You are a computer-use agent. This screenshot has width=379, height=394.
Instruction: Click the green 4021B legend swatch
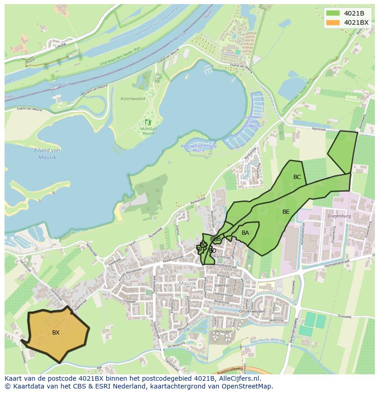tap(332, 13)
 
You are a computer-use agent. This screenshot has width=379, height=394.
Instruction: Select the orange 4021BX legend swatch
tap(332, 22)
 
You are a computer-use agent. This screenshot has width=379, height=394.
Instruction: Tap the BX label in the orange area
tap(56, 333)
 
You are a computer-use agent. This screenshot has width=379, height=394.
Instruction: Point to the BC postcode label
tap(297, 177)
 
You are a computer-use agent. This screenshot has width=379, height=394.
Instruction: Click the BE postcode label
tap(286, 212)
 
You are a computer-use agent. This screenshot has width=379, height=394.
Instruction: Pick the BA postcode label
tap(245, 233)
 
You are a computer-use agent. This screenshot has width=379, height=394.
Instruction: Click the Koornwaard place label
tap(133, 99)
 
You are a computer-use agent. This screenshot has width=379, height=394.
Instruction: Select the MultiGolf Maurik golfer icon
tap(148, 122)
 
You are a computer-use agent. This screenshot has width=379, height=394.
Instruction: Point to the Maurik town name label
tap(188, 283)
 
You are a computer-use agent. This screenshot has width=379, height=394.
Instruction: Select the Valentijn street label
tap(222, 285)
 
